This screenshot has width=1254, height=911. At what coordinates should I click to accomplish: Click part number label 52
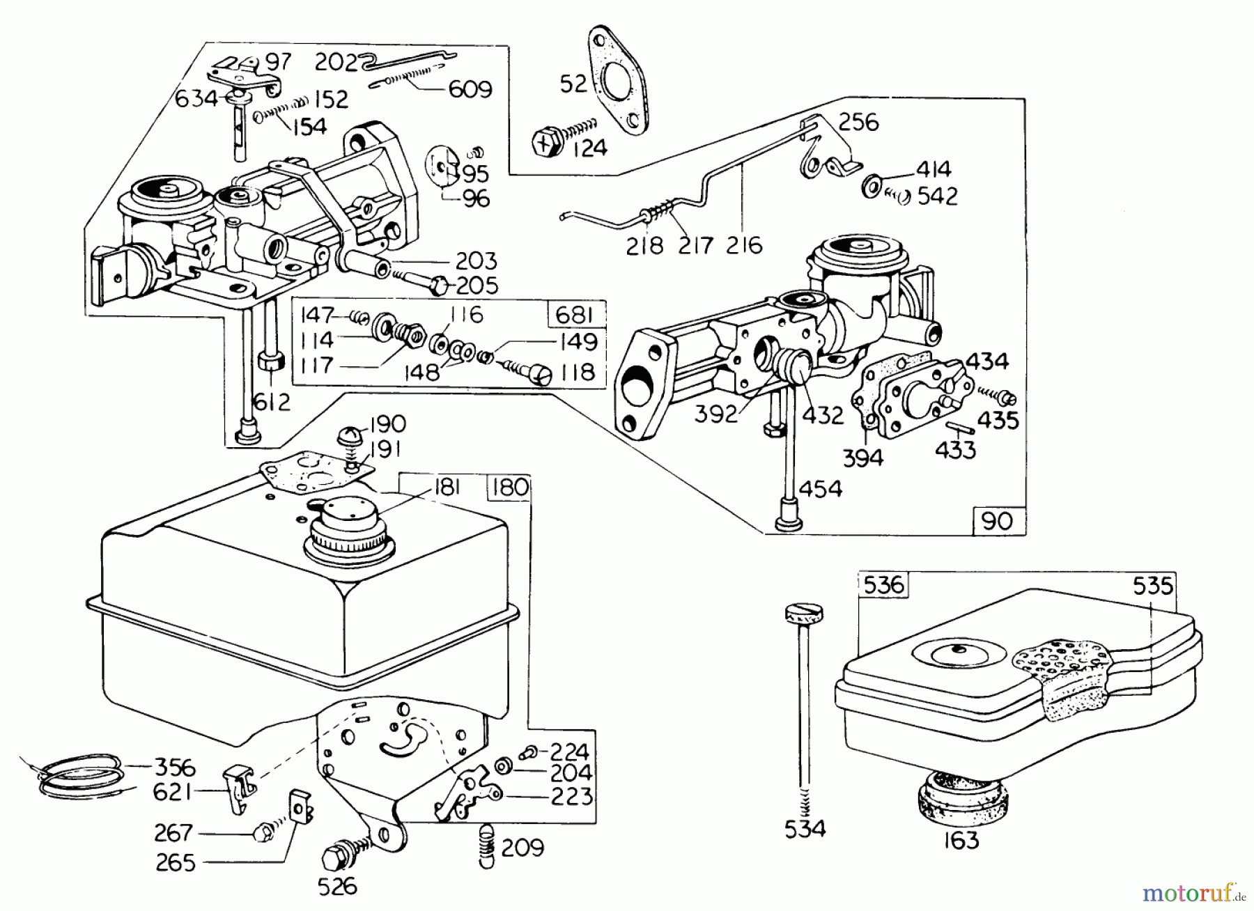point(574,84)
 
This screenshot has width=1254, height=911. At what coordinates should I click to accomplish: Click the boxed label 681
point(575,315)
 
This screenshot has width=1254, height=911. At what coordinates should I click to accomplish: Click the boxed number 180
point(509,487)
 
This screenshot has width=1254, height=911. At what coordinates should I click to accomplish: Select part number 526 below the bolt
point(337,886)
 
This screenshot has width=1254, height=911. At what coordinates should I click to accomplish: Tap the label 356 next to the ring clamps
point(174,768)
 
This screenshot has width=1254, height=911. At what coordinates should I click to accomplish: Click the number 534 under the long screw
point(805,829)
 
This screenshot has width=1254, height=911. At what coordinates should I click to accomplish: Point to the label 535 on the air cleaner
point(1152,586)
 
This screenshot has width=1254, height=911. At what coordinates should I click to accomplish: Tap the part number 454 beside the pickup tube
point(821,488)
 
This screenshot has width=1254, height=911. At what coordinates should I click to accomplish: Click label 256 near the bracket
point(858,122)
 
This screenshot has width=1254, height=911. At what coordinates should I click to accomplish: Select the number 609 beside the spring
point(470,89)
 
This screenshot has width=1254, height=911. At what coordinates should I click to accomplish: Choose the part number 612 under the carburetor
point(272,402)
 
